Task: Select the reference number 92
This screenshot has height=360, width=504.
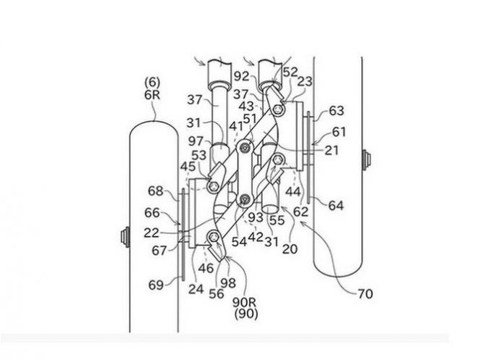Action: tap(241, 75)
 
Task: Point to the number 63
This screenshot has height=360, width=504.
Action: tap(336, 111)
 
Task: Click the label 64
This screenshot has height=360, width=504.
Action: tap(335, 206)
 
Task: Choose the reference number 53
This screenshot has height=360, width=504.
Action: tap(199, 154)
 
